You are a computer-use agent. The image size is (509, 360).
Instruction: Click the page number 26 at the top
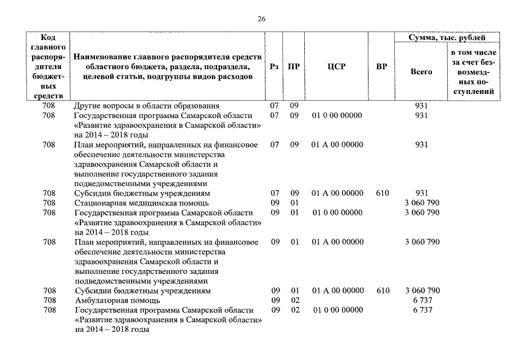262,19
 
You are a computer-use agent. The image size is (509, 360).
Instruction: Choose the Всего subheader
421,72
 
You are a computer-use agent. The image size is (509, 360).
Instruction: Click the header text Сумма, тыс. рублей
447,38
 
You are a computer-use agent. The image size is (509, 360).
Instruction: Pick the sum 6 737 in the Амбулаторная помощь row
422,300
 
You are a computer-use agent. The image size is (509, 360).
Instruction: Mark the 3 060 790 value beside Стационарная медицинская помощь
422,202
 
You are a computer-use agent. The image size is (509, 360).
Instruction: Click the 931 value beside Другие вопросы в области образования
421,106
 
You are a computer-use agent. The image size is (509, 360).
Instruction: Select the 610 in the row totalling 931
382,193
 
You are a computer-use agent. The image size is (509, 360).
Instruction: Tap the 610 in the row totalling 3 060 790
382,291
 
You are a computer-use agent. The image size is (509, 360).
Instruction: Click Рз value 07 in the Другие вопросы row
274,106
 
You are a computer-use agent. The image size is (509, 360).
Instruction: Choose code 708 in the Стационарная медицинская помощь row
49,202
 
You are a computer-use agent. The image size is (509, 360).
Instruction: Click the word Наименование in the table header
103,57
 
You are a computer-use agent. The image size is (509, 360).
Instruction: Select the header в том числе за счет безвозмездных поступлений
473,72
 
